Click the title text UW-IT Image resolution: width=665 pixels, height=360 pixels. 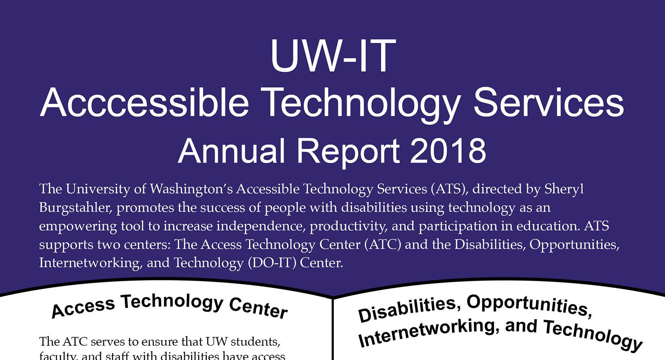333,56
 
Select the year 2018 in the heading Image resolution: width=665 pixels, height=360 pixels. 448,151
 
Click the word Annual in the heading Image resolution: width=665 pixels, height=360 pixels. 231,151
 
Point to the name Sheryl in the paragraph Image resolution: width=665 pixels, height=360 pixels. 564,189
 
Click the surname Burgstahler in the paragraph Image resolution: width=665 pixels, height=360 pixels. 75,207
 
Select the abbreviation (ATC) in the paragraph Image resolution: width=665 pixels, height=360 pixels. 383,244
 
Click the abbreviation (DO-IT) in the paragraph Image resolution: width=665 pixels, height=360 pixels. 272,263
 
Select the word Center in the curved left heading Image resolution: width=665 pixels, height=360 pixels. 258,308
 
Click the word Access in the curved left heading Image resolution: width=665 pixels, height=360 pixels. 83,308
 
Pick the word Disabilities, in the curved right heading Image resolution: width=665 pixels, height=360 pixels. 410,309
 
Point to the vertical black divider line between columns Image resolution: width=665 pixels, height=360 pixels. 332,330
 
